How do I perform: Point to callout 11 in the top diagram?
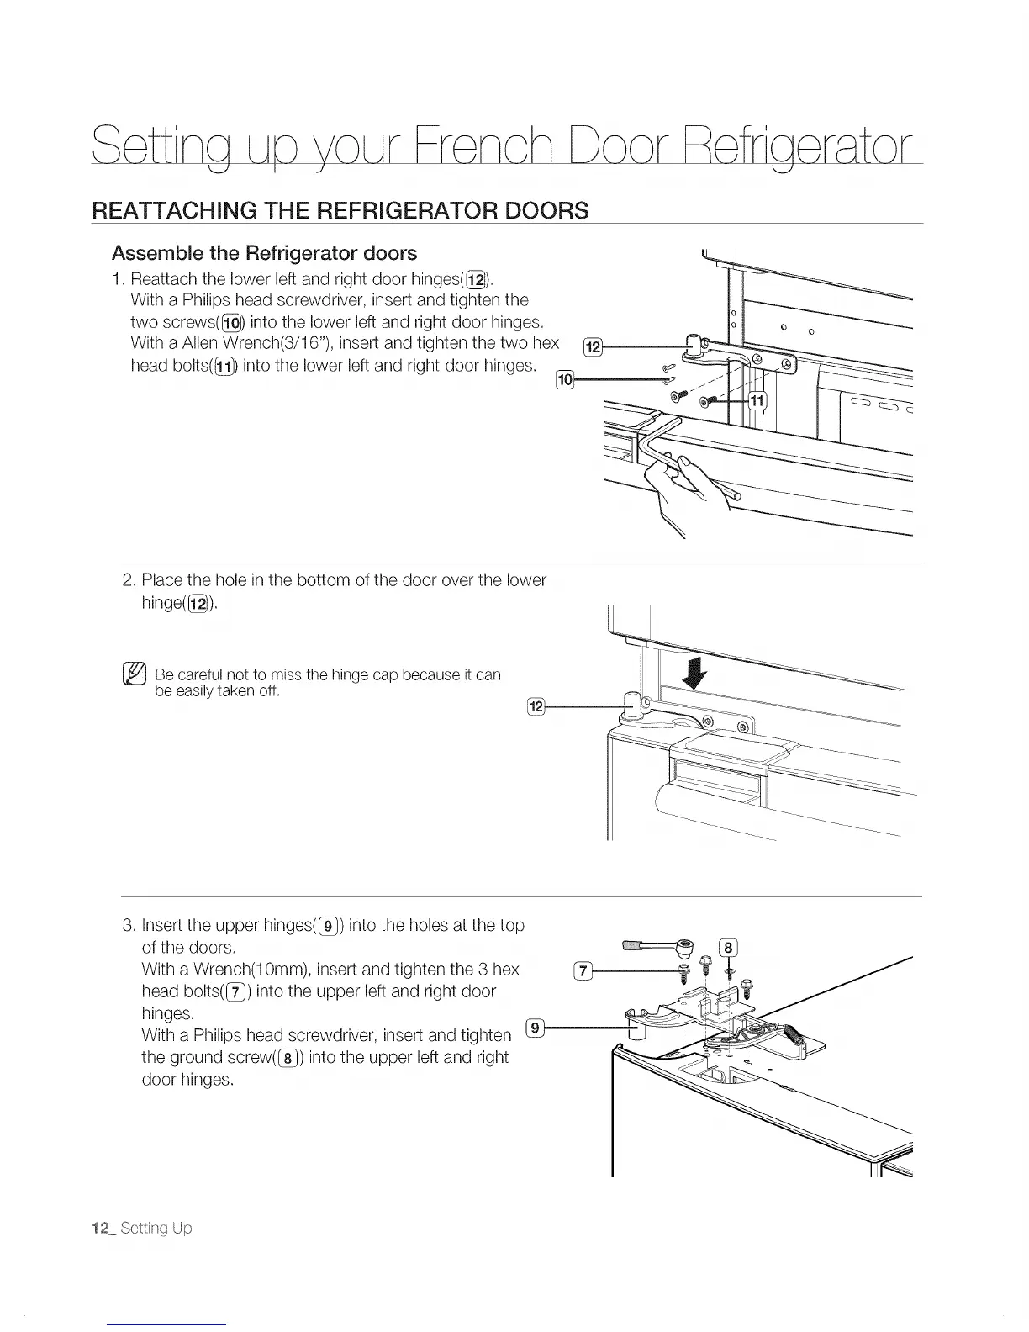(x=757, y=399)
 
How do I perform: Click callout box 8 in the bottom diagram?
(x=729, y=949)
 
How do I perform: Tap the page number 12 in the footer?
(x=103, y=1228)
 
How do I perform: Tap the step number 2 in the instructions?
(x=129, y=580)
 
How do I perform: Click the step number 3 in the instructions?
(x=129, y=926)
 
